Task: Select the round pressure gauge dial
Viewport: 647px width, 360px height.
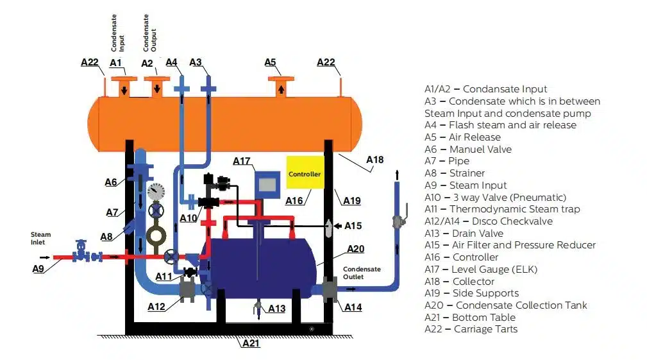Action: [x=155, y=191]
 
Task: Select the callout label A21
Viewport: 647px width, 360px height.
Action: [x=251, y=343]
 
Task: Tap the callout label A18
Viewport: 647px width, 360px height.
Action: [x=374, y=159]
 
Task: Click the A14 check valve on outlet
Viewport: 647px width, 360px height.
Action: [x=330, y=289]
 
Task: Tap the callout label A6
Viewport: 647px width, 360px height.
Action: [x=111, y=182]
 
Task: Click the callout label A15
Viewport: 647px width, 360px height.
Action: [x=353, y=226]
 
